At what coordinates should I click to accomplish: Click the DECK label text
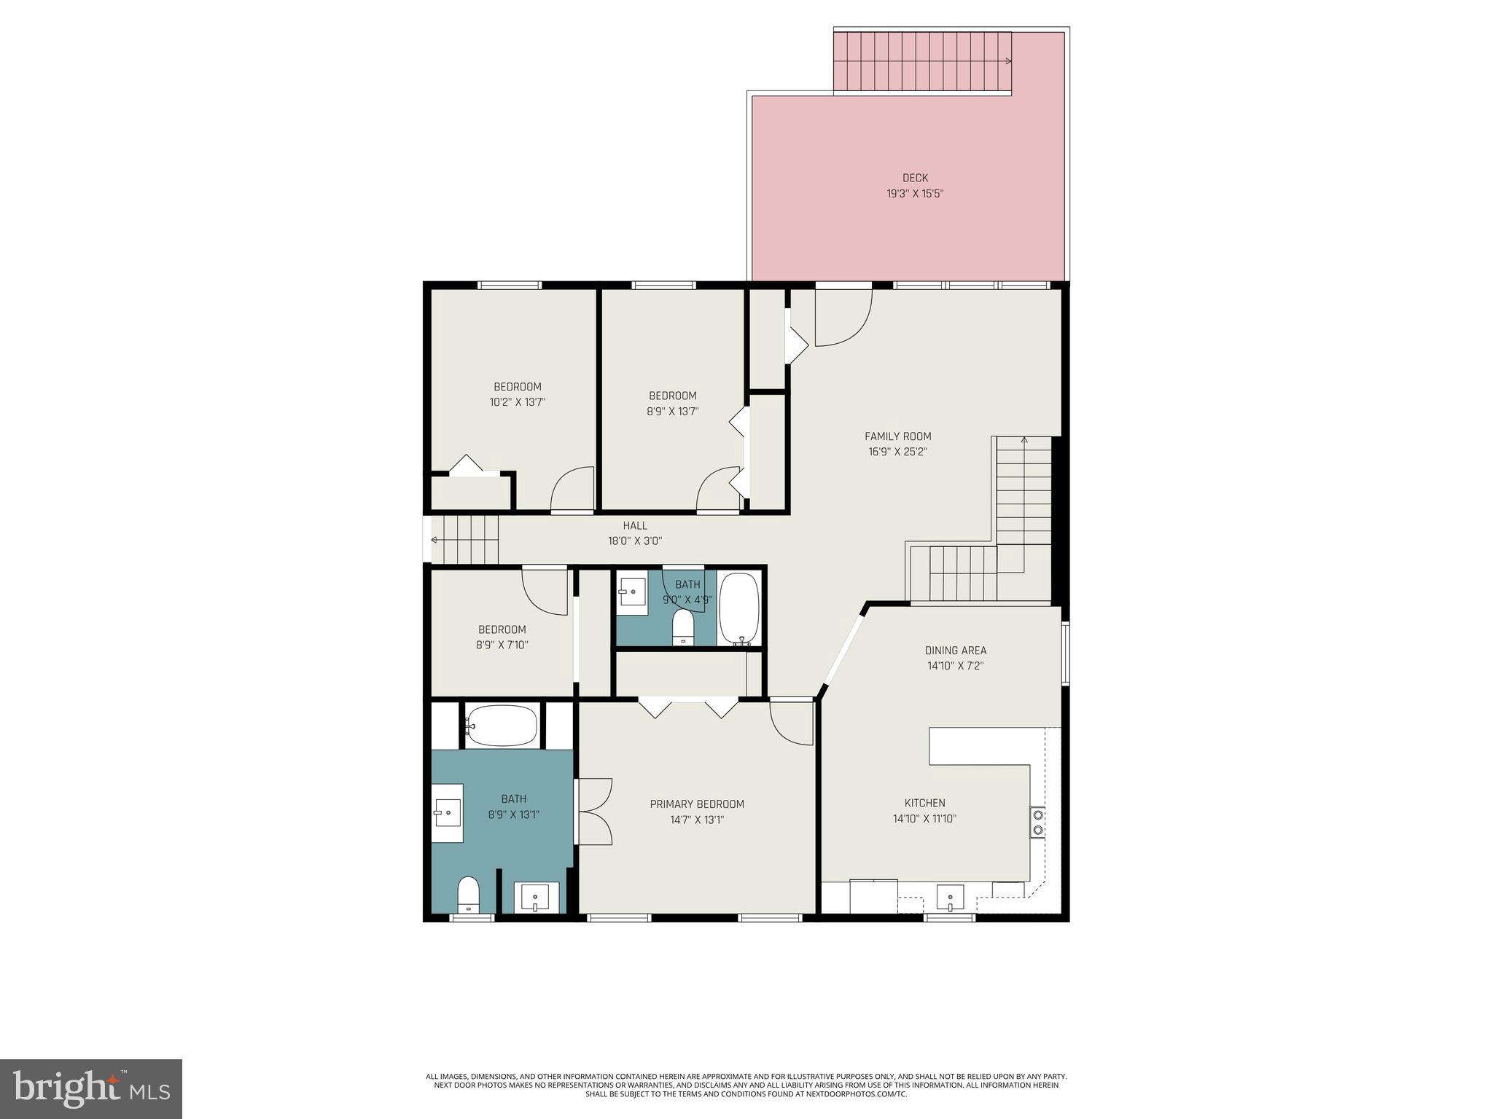pyautogui.click(x=915, y=178)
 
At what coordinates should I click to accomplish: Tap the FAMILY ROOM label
pyautogui.click(x=897, y=436)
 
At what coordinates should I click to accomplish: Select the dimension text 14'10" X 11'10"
pyautogui.click(x=924, y=819)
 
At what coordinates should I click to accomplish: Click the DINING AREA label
pyautogui.click(x=955, y=651)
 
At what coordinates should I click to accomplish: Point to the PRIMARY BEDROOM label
pyautogui.click(x=697, y=804)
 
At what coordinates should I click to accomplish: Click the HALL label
pyautogui.click(x=634, y=525)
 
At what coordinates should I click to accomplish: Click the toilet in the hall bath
pyautogui.click(x=683, y=627)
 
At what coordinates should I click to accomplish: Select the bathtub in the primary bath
pyautogui.click(x=502, y=726)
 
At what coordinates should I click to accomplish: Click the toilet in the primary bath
pyautogui.click(x=468, y=894)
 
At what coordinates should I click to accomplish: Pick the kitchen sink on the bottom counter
pyautogui.click(x=950, y=898)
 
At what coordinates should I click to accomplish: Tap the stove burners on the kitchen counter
pyautogui.click(x=1037, y=822)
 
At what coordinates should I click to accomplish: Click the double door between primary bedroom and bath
pyautogui.click(x=593, y=812)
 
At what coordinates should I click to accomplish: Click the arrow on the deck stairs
pyautogui.click(x=1007, y=61)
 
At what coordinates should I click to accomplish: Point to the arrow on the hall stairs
pyautogui.click(x=435, y=540)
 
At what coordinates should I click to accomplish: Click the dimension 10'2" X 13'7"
pyautogui.click(x=517, y=402)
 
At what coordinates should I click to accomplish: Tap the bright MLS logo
pyautogui.click(x=91, y=1088)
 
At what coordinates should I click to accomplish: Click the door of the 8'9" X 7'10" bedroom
pyautogui.click(x=545, y=591)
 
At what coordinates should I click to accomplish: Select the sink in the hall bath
pyautogui.click(x=631, y=592)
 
